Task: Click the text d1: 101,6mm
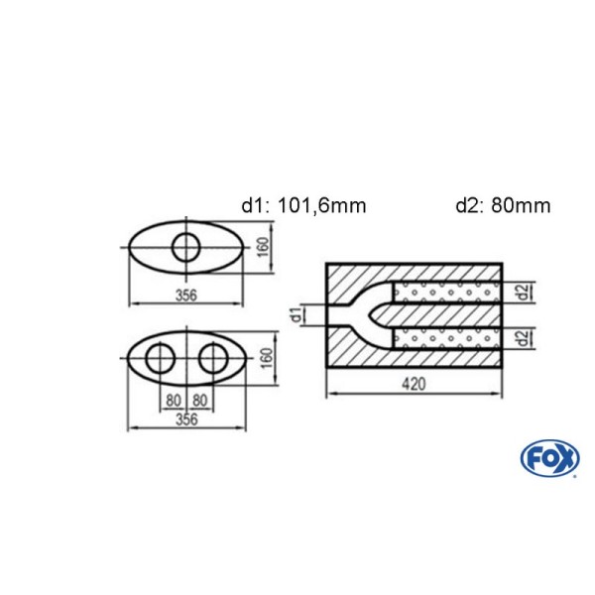pyautogui.click(x=303, y=206)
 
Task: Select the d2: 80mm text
pyautogui.click(x=503, y=206)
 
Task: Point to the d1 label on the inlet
pyautogui.click(x=296, y=315)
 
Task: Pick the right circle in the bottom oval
pyautogui.click(x=212, y=360)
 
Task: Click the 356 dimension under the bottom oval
pyautogui.click(x=184, y=418)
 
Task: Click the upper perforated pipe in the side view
pyautogui.click(x=446, y=293)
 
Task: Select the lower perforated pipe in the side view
pyautogui.click(x=446, y=338)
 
